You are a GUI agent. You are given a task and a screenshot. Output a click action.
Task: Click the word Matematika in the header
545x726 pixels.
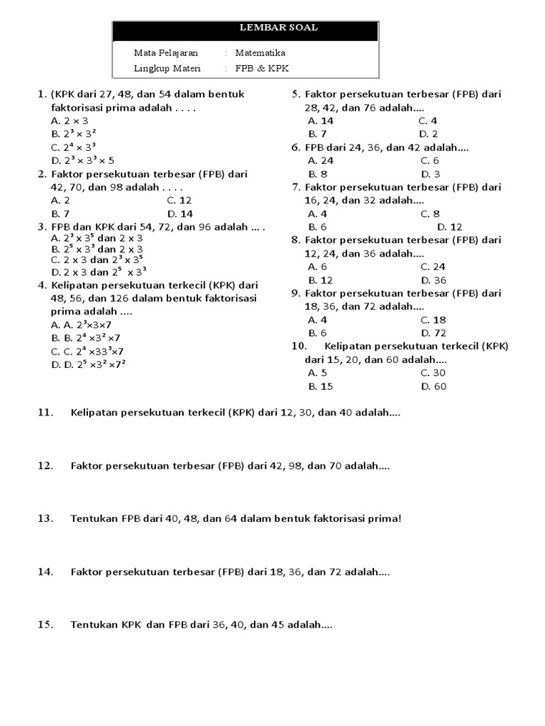(260, 52)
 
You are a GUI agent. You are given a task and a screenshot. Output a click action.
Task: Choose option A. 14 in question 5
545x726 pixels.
(321, 121)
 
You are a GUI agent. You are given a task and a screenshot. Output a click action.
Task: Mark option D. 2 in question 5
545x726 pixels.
(429, 133)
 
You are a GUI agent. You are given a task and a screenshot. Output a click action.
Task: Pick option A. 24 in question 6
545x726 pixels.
(321, 160)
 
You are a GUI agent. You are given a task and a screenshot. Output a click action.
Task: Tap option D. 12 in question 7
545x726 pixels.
(449, 227)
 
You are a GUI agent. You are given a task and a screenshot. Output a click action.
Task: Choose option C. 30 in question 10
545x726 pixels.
(433, 373)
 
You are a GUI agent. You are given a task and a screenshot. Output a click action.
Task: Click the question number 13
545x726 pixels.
(45, 518)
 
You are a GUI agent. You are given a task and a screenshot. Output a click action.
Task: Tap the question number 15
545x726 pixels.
(45, 625)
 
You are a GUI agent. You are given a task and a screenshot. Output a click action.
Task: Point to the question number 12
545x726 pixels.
(45, 466)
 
